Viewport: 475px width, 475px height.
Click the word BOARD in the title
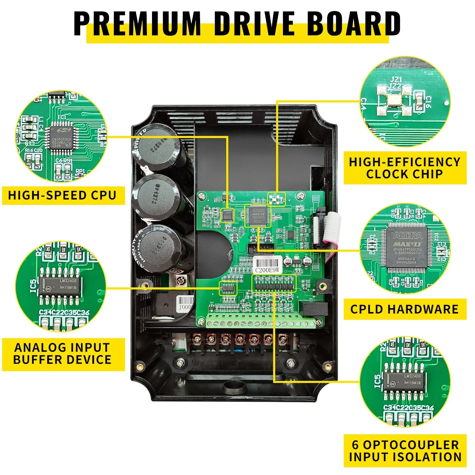coord(353,24)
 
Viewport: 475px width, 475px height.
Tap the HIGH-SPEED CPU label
coord(62,195)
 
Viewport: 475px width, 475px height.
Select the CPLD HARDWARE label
coord(404,309)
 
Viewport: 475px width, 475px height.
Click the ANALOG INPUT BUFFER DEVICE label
coord(62,354)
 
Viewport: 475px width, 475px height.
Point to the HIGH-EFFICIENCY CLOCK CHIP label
coord(404,168)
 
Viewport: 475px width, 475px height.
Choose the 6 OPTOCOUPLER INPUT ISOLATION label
coord(405,451)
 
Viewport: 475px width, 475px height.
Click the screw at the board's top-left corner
coord(202,196)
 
